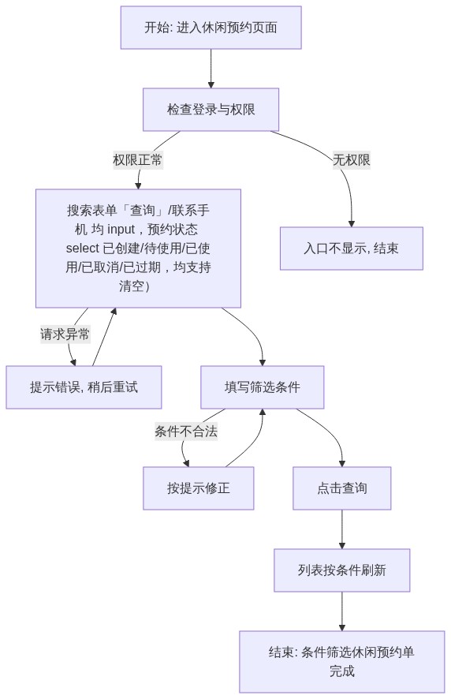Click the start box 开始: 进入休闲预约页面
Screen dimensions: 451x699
pyautogui.click(x=211, y=28)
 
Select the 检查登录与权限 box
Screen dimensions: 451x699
pyautogui.click(x=211, y=109)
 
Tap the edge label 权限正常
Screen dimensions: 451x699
pyautogui.click(x=138, y=159)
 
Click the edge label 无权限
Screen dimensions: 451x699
pyautogui.click(x=351, y=159)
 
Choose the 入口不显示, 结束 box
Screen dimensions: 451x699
pyautogui.click(x=351, y=249)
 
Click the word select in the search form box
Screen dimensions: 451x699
pyautogui.click(x=83, y=249)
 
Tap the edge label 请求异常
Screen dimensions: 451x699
pyautogui.click(x=65, y=334)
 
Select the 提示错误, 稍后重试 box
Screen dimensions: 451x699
pyautogui.click(x=84, y=387)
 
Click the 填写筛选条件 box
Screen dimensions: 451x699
pyautogui.click(x=262, y=387)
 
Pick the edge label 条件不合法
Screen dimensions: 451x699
pyautogui.click(x=186, y=431)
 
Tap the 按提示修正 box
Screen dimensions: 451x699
pyautogui.click(x=199, y=488)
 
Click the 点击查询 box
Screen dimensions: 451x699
pyautogui.click(x=342, y=488)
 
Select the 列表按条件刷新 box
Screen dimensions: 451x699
pyautogui.click(x=342, y=570)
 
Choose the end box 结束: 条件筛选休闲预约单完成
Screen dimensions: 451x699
pyautogui.click(x=342, y=662)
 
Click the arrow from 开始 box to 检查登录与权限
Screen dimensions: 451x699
pyautogui.click(x=211, y=69)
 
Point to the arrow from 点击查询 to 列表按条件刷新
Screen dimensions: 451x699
pyautogui.click(x=342, y=529)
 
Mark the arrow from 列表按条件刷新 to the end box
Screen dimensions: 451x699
pyautogui.click(x=342, y=611)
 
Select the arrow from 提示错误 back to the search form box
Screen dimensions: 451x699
pyautogui.click(x=104, y=337)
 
